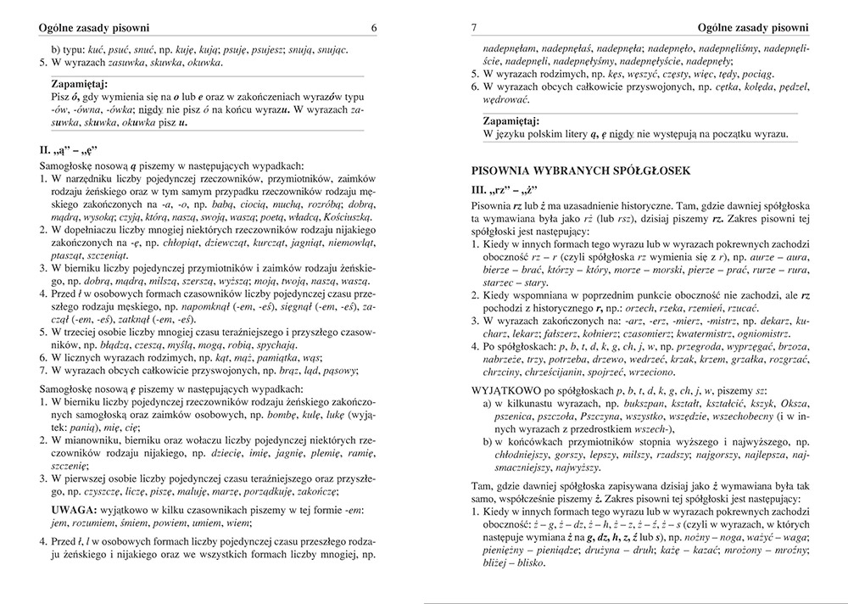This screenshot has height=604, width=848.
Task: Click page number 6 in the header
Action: (373, 28)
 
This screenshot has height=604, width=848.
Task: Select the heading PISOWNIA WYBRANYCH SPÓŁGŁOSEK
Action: (582, 171)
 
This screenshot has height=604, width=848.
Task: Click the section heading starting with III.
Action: (505, 189)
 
